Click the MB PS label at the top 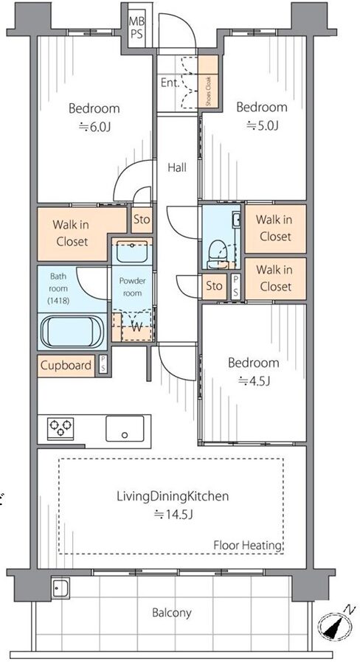[x=136, y=27]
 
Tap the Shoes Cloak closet [x=208, y=83]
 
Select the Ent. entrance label [x=170, y=83]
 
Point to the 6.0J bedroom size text [x=94, y=127]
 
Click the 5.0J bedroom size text [x=262, y=125]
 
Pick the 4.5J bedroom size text [x=254, y=381]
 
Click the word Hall [x=176, y=167]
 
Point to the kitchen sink [x=125, y=428]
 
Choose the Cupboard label [x=66, y=365]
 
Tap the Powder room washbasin [x=132, y=251]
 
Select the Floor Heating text [x=248, y=545]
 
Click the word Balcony [x=172, y=613]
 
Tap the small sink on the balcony [x=61, y=588]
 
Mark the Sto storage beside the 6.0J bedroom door [x=142, y=220]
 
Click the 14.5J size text [x=173, y=515]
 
